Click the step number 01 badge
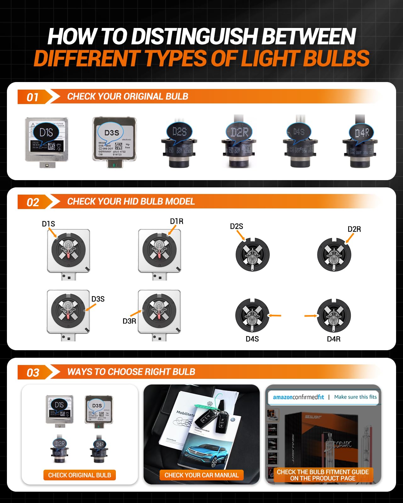[x=33, y=97]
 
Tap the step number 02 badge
[x=33, y=202]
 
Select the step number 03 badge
[x=33, y=373]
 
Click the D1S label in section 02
[x=48, y=224]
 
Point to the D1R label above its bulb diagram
[x=177, y=221]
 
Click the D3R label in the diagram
[x=129, y=321]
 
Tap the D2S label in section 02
[x=236, y=226]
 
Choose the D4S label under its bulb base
[x=252, y=339]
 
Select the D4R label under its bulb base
[x=334, y=339]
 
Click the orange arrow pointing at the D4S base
[x=275, y=315]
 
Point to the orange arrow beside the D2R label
[x=349, y=238]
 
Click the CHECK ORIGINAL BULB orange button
[x=80, y=475]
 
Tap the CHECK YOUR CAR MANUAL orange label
[x=201, y=475]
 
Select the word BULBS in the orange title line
[x=336, y=59]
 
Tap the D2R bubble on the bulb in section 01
[x=239, y=132]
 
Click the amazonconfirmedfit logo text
[x=298, y=397]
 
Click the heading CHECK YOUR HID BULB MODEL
[x=131, y=202]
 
